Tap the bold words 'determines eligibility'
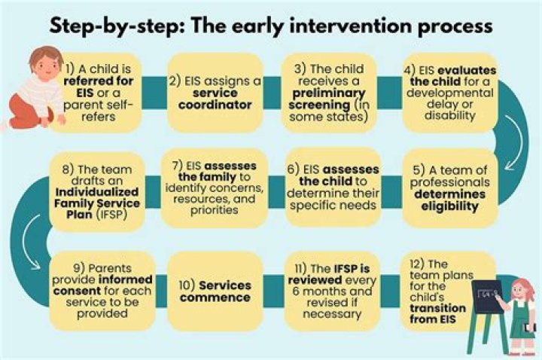449,200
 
